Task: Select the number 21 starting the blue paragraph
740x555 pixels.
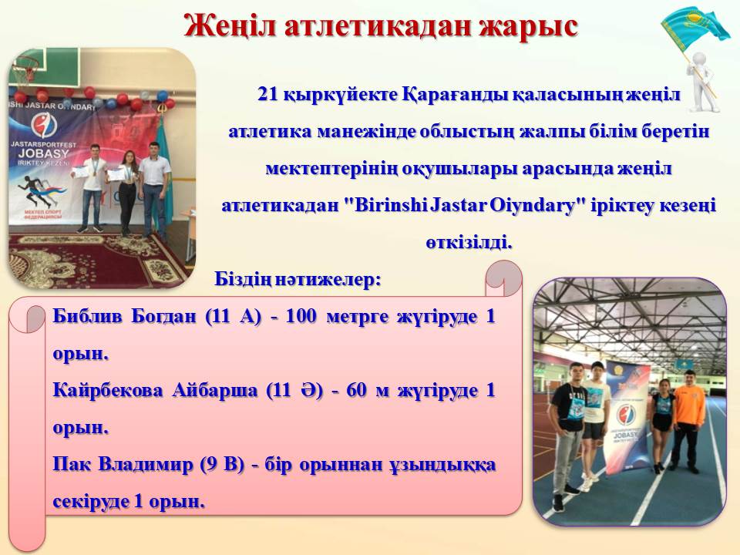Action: click(267, 94)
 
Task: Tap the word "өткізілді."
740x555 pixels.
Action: click(469, 243)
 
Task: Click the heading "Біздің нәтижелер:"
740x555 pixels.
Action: click(298, 279)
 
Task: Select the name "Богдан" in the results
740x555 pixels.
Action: click(163, 317)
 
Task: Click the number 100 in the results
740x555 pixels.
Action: click(301, 316)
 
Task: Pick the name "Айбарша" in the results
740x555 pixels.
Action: click(208, 391)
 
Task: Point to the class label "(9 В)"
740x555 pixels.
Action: click(222, 465)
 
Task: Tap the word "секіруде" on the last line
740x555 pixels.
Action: click(90, 502)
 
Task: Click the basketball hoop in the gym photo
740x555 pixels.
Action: click(26, 71)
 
